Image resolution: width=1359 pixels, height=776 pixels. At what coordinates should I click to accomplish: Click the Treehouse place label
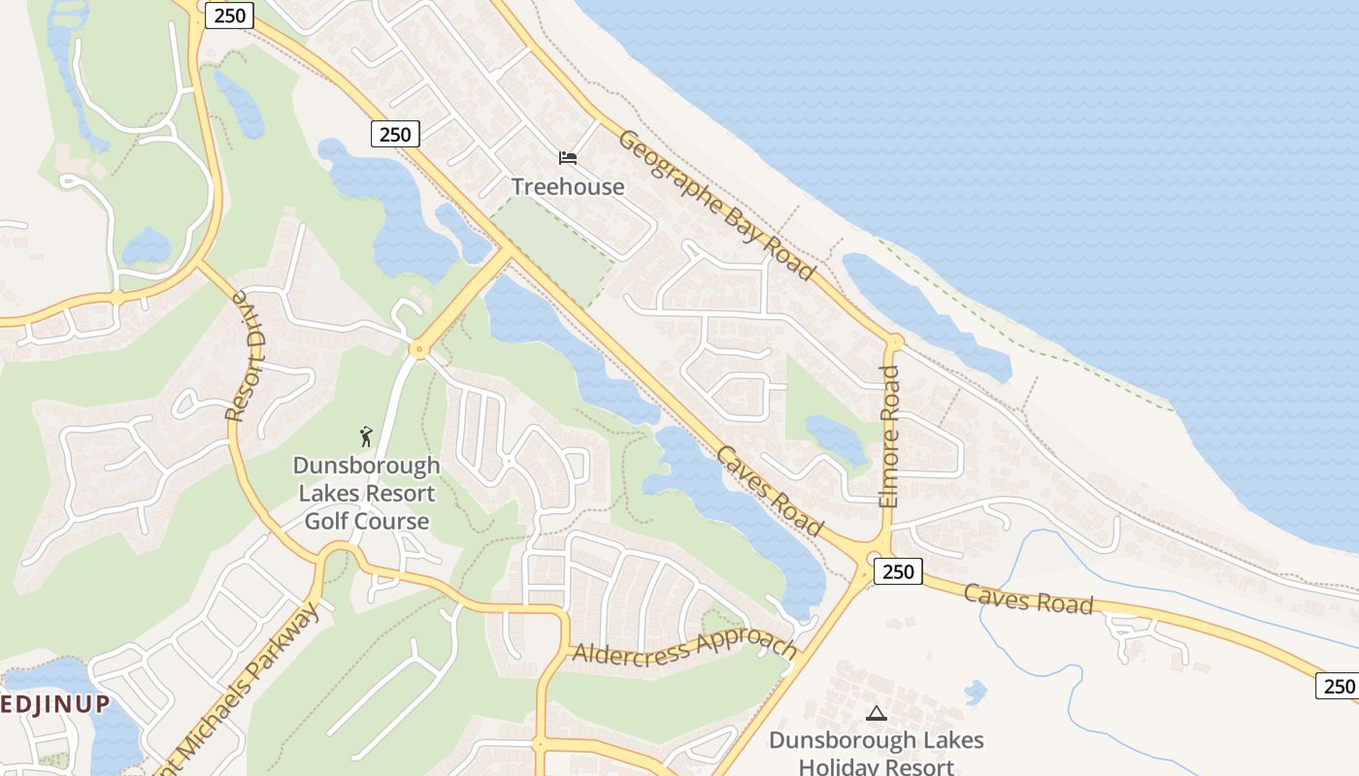coord(568,186)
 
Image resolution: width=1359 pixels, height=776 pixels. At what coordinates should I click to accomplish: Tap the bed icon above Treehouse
coord(568,157)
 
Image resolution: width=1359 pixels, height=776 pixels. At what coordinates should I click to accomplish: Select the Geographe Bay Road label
coord(715,206)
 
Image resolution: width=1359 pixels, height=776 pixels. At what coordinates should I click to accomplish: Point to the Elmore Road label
coord(889,436)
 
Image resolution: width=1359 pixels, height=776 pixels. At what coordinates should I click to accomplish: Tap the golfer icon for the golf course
coord(366,436)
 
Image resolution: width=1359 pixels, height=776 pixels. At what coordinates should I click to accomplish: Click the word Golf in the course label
coord(327,521)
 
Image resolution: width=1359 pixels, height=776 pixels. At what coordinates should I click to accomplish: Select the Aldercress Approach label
coord(684,647)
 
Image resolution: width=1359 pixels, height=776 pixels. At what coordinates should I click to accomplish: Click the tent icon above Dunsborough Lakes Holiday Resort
coord(877,713)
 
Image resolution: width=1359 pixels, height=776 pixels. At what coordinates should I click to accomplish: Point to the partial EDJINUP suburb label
coord(54,704)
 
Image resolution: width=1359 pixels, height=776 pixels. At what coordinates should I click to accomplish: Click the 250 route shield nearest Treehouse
coord(395,134)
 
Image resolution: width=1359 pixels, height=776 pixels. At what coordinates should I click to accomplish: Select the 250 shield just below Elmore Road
coord(898,571)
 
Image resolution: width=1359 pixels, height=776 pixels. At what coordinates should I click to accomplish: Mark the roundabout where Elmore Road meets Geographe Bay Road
coord(894,341)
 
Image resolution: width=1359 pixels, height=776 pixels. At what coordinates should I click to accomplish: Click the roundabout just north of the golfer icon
coord(419,349)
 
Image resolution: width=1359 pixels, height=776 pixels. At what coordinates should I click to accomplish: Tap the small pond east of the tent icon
coord(975,693)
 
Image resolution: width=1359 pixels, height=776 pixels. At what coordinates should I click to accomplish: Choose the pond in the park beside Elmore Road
coord(836,436)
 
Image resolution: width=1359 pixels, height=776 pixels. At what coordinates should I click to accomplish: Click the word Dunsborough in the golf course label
coord(366,467)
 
